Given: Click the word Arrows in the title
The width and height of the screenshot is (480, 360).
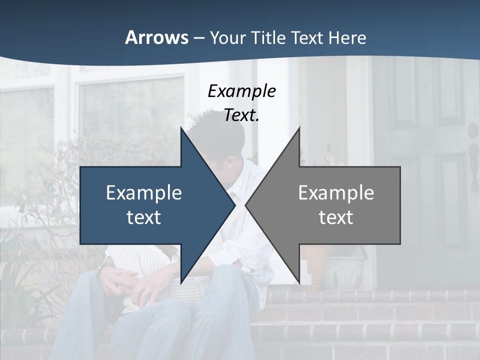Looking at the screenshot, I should click(x=156, y=37).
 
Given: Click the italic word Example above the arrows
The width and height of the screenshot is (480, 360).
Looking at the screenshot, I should click(x=241, y=91).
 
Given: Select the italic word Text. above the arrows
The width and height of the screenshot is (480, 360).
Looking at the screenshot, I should click(x=241, y=115).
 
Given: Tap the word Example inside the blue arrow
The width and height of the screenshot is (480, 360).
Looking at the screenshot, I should click(x=144, y=193).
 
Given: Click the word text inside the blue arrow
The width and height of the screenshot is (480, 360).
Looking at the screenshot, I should click(x=144, y=217).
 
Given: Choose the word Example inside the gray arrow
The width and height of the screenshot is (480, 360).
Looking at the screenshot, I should click(x=336, y=193).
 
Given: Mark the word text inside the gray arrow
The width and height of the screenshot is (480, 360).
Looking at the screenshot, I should click(x=336, y=217).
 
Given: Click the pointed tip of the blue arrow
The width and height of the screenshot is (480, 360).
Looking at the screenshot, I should click(x=234, y=205).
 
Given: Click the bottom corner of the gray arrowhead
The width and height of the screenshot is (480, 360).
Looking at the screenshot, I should click(x=299, y=282).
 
